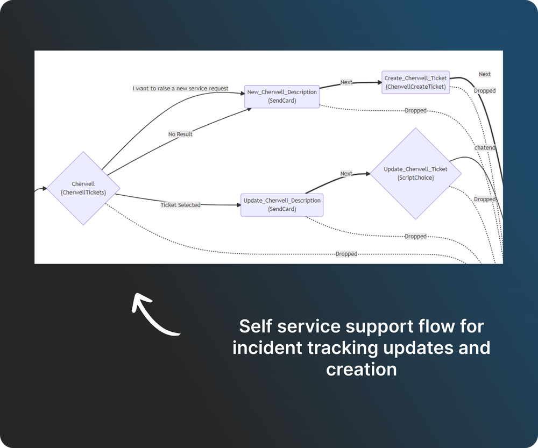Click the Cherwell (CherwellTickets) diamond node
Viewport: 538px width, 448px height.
pos(83,188)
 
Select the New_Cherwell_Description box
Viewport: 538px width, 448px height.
pos(282,96)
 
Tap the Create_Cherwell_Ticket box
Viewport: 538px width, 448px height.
pos(415,82)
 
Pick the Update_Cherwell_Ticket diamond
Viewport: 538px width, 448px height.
pos(415,173)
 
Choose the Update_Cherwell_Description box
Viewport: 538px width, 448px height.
pos(282,205)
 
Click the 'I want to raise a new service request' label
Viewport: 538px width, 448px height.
pos(181,88)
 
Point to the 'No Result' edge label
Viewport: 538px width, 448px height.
pos(180,134)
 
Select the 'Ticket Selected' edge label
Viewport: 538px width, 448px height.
pos(180,205)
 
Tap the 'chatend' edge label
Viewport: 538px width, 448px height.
pos(485,148)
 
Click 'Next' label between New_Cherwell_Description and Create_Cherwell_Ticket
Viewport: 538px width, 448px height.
pos(346,82)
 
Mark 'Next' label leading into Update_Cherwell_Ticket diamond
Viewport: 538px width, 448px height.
pos(346,174)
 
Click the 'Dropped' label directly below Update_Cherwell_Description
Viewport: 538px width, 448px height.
pos(415,236)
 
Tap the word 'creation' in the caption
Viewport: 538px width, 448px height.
pos(361,369)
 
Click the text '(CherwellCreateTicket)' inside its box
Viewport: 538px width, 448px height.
pos(415,87)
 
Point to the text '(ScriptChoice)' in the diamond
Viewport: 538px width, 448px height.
pos(415,177)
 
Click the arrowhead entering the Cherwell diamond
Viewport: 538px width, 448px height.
pos(45,189)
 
